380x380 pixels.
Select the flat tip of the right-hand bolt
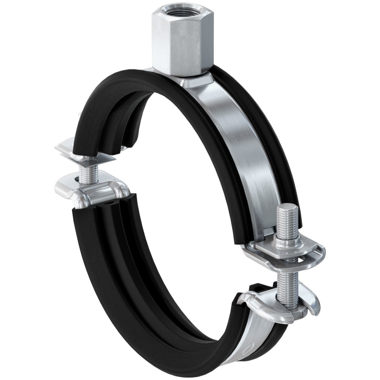pos(287,207)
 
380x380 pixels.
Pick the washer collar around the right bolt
pos(287,242)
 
